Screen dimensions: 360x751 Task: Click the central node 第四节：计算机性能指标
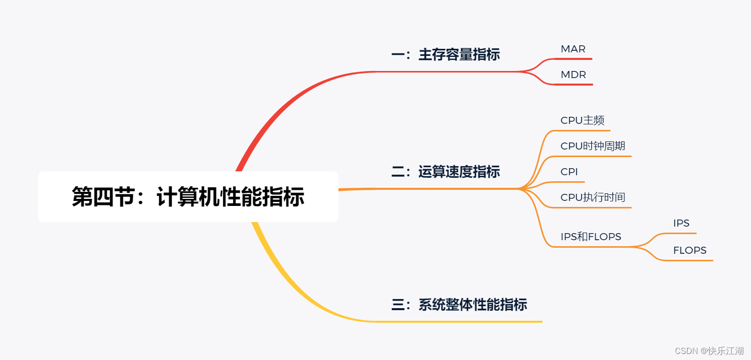[x=188, y=196]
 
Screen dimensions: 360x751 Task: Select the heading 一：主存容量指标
[x=445, y=54]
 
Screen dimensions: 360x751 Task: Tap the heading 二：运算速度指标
[x=445, y=172]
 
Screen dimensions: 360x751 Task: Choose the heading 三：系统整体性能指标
[x=459, y=305]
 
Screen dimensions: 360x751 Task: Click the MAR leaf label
[x=573, y=49]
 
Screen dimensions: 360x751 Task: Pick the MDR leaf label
[x=573, y=75]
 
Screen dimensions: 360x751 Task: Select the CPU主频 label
[x=582, y=120]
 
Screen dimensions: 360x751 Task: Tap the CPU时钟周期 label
[x=593, y=146]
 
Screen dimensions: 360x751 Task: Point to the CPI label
[x=569, y=172]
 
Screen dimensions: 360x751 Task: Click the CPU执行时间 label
[x=593, y=197]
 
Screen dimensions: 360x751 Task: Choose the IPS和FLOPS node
[x=591, y=237]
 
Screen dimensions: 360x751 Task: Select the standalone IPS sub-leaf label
[x=681, y=223]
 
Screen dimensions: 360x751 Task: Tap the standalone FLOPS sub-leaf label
[x=690, y=250]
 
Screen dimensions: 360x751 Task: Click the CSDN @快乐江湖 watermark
[x=709, y=351]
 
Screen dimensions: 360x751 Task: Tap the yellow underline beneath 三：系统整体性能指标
[x=458, y=321]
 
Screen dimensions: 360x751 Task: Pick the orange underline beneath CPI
[x=569, y=182]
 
